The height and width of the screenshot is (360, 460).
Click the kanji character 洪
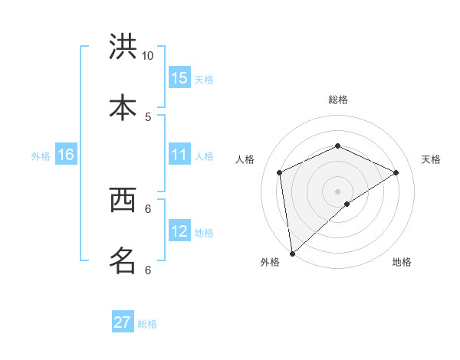pos(123,47)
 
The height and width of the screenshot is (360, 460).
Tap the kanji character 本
pos(123,106)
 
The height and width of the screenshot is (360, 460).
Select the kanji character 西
pos(123,201)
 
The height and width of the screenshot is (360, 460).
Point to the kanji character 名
pos(123,260)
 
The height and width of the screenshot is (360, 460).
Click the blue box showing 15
pos(179,78)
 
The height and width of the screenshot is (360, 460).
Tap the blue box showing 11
pos(179,155)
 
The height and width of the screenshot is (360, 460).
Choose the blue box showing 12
pos(179,232)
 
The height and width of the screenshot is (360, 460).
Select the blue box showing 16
pos(66,155)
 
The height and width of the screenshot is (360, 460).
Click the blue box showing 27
pos(123,322)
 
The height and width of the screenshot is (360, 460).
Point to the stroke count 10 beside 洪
pos(148,56)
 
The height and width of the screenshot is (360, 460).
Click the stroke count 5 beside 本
pos(148,116)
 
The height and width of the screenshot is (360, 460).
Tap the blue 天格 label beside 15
pos(204,79)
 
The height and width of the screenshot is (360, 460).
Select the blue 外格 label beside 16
pos(41,156)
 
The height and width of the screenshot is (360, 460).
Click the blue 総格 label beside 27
pos(147,324)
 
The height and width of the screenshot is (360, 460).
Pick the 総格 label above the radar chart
pos(338,100)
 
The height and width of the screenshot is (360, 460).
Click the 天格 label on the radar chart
pos(431,159)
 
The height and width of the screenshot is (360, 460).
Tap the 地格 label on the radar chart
pos(402,262)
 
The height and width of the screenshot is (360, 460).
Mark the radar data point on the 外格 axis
pos(292,253)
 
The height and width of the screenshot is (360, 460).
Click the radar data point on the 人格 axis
pos(280,172)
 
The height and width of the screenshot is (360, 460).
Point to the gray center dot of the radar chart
pos(337,191)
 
